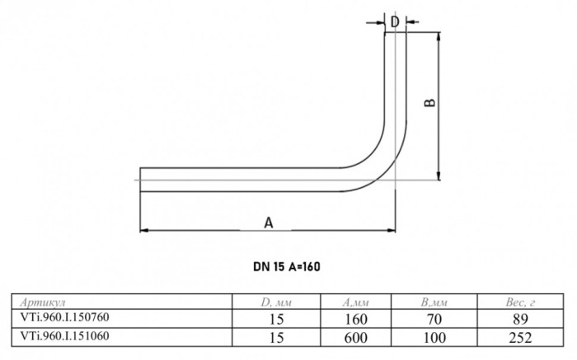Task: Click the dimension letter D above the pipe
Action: pos(395,22)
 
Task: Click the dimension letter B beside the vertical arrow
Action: pos(429,102)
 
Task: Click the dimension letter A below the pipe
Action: pos(269,222)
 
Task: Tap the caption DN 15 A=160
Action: pos(287,267)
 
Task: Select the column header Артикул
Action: pos(43,302)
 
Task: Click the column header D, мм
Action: pos(276,302)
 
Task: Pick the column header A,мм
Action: pos(355,302)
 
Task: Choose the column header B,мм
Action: pos(434,302)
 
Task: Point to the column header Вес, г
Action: pos(520,302)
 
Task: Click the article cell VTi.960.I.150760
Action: pos(65,317)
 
